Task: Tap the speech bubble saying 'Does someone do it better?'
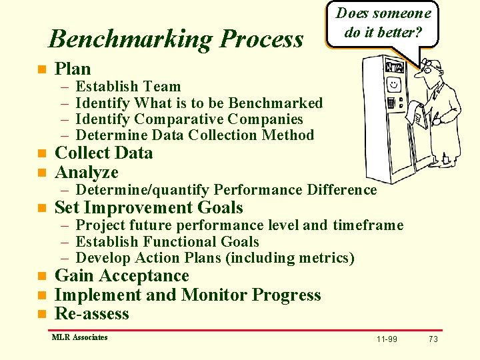click(383, 23)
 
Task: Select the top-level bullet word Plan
click(73, 69)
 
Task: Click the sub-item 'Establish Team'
click(128, 87)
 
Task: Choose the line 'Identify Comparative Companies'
click(189, 119)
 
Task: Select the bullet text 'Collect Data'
click(103, 153)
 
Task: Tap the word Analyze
click(86, 173)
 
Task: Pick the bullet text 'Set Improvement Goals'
click(148, 208)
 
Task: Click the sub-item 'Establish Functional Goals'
click(167, 242)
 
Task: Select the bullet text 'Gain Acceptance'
click(121, 276)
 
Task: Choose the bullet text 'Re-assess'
click(91, 314)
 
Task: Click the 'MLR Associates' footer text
click(79, 337)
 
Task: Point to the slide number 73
click(433, 339)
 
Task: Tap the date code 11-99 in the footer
click(387, 339)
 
